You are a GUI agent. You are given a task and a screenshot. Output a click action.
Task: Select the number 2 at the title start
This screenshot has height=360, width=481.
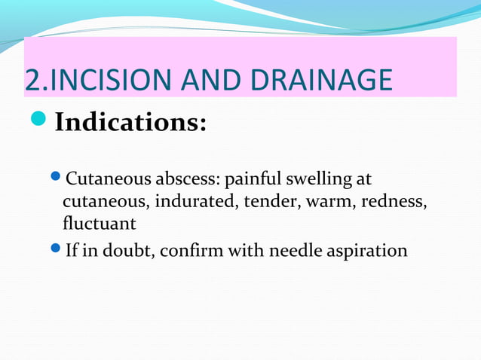(32, 81)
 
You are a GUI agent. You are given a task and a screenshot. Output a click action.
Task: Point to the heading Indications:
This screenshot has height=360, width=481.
(130, 122)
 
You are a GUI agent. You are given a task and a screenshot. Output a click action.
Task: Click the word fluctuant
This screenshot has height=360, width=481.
(99, 224)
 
